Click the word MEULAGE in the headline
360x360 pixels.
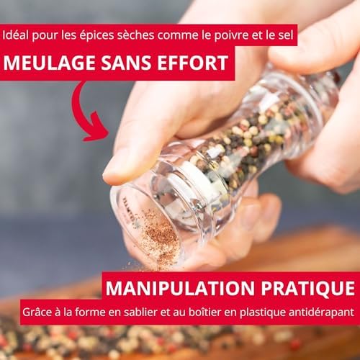click(49, 63)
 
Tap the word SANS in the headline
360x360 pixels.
click(126, 63)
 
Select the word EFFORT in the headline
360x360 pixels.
click(192, 63)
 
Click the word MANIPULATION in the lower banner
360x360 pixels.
click(180, 288)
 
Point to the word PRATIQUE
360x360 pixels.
click(308, 288)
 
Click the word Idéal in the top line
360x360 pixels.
click(16, 35)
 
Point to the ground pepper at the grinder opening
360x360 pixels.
click(161, 236)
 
